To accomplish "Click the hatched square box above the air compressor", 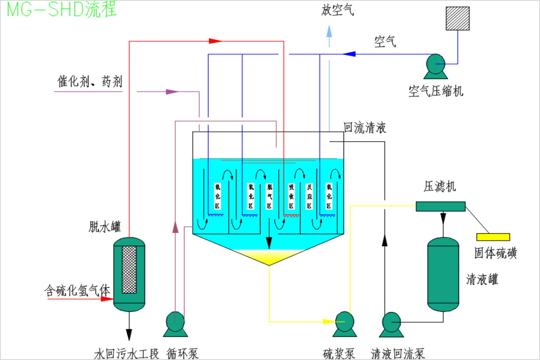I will click(457, 18).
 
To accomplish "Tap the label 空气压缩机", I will click(436, 91).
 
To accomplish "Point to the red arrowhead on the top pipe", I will click(215, 41).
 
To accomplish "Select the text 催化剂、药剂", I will click(90, 82).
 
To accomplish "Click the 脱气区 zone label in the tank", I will click(269, 196).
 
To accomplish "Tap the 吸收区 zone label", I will click(291, 196).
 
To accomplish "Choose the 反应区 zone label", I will click(309, 196).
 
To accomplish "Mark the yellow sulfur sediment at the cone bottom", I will click(269, 256).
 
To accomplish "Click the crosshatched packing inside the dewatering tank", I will click(129, 269).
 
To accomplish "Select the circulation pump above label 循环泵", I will click(175, 322).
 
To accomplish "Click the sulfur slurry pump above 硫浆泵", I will click(344, 322).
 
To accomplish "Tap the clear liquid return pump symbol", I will click(391, 322).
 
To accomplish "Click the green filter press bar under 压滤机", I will click(440, 206).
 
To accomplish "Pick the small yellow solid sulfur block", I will click(493, 237).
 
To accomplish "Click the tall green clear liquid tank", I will click(443, 274).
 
